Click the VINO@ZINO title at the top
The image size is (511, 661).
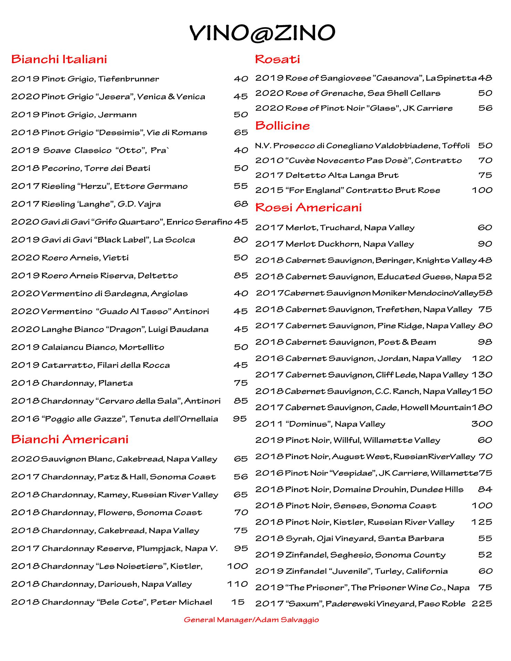262,33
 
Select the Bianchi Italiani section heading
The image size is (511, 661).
59,59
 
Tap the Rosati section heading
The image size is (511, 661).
278,59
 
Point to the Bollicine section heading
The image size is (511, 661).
282,126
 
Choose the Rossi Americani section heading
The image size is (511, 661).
309,207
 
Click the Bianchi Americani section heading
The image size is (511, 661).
70,439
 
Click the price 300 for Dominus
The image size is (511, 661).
482,424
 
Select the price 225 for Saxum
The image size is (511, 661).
482,604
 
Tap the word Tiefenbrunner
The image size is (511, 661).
128,79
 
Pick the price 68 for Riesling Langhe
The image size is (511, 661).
241,204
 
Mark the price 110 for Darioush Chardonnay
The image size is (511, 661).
238,584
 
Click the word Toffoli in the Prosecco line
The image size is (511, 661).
456,146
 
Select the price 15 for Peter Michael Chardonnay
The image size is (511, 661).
238,602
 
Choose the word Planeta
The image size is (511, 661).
115,383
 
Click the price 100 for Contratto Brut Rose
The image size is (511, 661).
482,190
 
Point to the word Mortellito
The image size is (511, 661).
142,347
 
